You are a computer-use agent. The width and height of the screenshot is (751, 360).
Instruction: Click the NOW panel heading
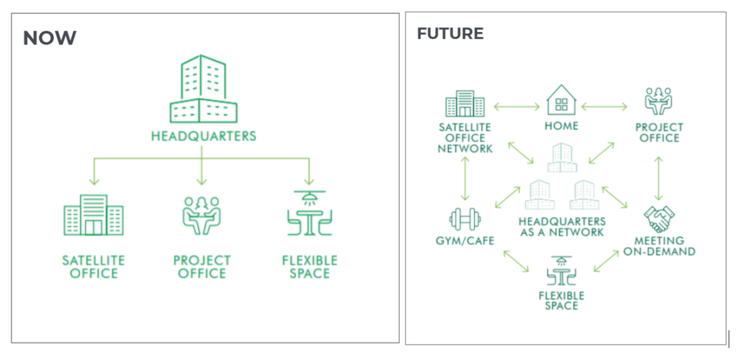coord(49,38)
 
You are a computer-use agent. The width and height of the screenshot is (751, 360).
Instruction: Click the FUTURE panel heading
coord(450,34)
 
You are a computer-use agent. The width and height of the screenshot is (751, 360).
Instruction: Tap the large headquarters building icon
coord(203,89)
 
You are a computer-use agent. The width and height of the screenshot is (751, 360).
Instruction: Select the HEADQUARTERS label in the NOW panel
coord(203,136)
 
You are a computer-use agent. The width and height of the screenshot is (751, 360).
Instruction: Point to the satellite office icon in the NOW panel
coord(93,215)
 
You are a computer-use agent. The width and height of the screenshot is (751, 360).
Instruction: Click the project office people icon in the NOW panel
coord(202,215)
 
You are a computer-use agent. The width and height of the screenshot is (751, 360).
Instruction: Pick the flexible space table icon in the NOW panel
coord(309,213)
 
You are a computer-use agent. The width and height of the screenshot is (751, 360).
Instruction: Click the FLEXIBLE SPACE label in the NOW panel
coord(309,267)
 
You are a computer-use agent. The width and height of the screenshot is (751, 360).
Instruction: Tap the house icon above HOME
coord(561,100)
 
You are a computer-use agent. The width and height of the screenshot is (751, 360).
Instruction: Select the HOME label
coord(561,126)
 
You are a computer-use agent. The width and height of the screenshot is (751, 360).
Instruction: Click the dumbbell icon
coord(464,219)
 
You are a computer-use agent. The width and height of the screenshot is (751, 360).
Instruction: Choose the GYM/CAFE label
coord(464,240)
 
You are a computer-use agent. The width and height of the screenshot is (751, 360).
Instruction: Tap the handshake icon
coord(659,219)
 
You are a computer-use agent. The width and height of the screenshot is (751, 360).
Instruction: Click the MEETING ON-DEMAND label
coord(659,246)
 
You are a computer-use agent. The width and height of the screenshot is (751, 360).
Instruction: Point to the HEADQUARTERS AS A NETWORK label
coord(562,227)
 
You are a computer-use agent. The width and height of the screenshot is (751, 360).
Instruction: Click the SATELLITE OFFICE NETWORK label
coord(465,138)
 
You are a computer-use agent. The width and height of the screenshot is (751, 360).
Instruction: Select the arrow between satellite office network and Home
coord(517,107)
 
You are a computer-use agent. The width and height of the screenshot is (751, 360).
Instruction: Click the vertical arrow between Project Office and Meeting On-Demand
coord(658,178)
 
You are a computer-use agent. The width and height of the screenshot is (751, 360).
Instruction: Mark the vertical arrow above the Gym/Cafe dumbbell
coord(465,178)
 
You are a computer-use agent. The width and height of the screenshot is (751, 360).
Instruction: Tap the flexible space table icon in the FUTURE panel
coord(561,270)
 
